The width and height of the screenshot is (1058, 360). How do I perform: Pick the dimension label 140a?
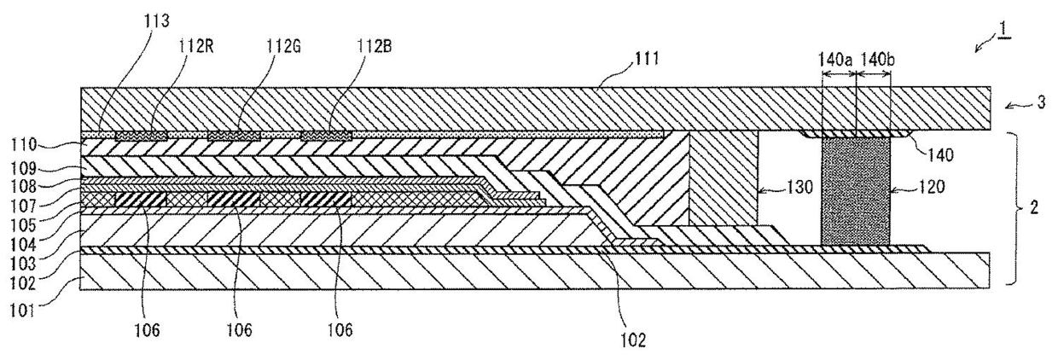pos(837,61)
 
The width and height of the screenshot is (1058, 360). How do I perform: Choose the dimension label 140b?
pos(874,61)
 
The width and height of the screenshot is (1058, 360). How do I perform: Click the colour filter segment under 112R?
pos(141,135)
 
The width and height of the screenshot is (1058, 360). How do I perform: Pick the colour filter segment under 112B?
pos(325,135)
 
